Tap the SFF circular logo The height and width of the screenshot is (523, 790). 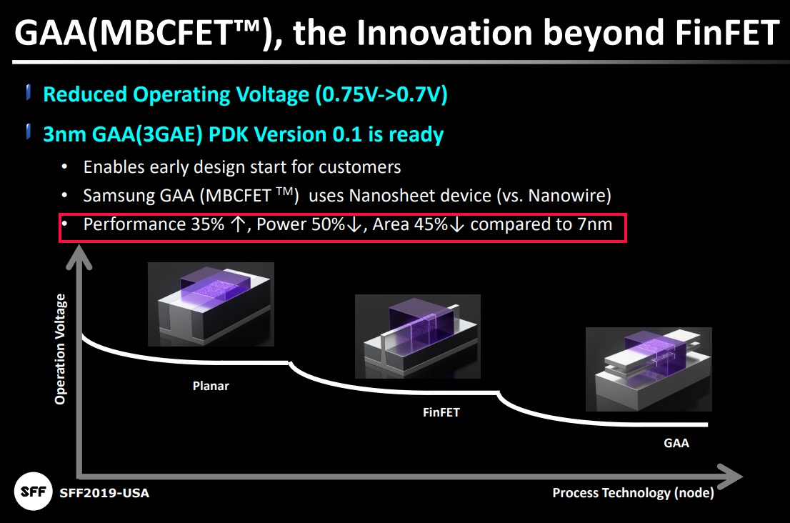click(32, 492)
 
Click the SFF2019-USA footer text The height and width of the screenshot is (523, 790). click(104, 493)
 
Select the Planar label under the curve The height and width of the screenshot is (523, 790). click(211, 386)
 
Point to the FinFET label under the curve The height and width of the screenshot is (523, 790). click(441, 412)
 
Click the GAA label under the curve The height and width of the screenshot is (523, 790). click(676, 443)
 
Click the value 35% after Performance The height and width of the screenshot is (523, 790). click(206, 224)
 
